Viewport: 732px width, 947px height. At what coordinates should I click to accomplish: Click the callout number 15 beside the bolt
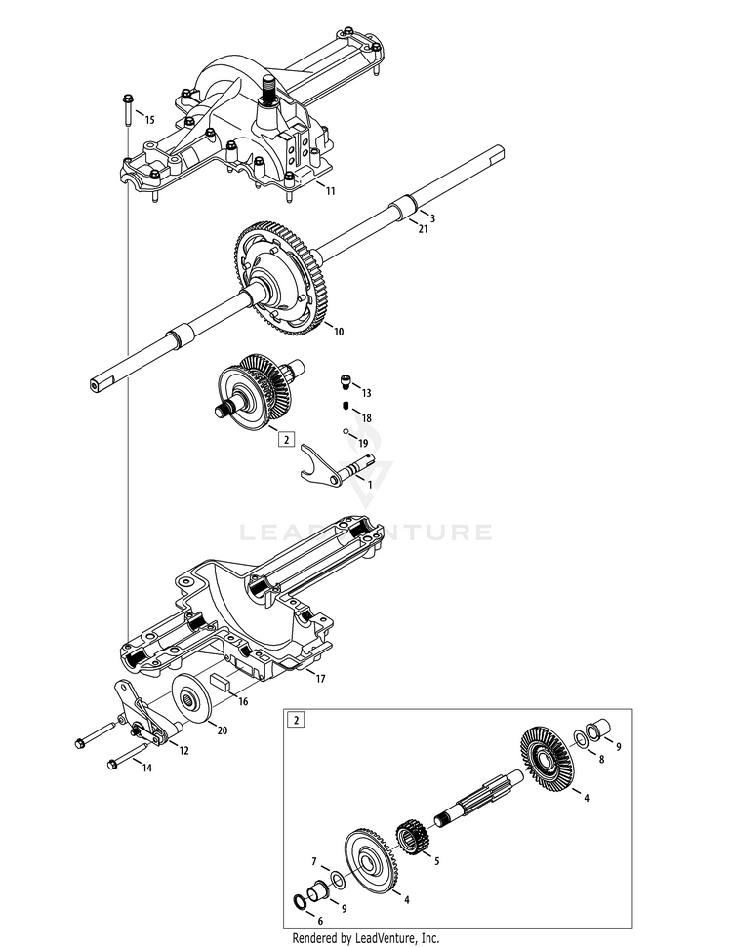pyautogui.click(x=149, y=119)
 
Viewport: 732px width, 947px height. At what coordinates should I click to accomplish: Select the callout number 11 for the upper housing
pyautogui.click(x=330, y=191)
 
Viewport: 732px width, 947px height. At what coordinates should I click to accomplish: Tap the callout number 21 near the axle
pyautogui.click(x=424, y=229)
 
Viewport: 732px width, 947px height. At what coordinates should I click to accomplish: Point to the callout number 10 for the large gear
pyautogui.click(x=339, y=332)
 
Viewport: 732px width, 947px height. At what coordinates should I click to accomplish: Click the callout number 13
pyautogui.click(x=367, y=392)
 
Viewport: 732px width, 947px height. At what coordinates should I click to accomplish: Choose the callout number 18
pyautogui.click(x=367, y=417)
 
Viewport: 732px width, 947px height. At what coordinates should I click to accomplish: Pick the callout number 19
pyautogui.click(x=363, y=444)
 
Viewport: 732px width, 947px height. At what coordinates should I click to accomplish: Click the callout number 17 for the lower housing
pyautogui.click(x=319, y=676)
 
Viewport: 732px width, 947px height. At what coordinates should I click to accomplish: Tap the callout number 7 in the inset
pyautogui.click(x=314, y=862)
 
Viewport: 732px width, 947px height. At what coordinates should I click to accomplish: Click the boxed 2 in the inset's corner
pyautogui.click(x=295, y=721)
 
